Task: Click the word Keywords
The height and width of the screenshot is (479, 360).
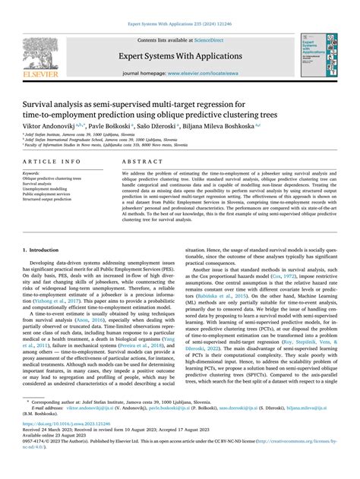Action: pyautogui.click(x=35, y=172)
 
